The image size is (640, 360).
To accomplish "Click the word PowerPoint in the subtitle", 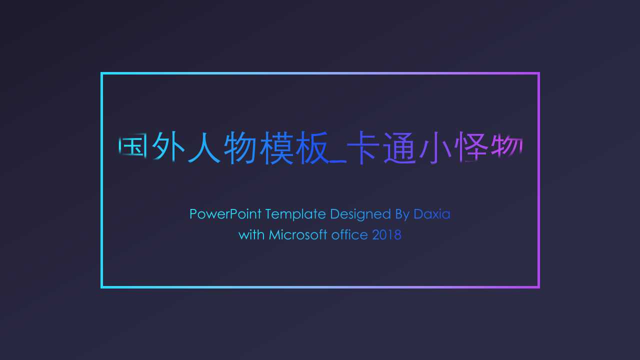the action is point(225,214).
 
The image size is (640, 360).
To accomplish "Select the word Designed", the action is point(360,214).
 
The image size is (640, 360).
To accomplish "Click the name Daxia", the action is point(432,214).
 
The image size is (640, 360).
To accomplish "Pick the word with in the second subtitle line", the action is point(251,235).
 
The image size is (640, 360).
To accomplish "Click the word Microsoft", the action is point(297,235).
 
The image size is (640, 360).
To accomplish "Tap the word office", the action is point(349,235).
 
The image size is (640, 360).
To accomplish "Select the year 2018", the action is point(387,235).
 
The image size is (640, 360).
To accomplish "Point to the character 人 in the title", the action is point(204,147).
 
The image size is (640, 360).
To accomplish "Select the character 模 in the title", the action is point(276,147).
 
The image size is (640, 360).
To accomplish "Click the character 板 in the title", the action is point(312,147).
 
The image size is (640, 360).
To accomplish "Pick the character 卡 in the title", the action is point(363,147).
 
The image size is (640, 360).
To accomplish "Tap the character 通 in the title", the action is point(400,147).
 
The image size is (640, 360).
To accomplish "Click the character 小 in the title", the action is point(436,147).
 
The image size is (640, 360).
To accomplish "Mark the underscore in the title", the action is point(338,162).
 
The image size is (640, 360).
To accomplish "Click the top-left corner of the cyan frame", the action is point(101,73).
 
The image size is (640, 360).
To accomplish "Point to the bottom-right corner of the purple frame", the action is point(538,287).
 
